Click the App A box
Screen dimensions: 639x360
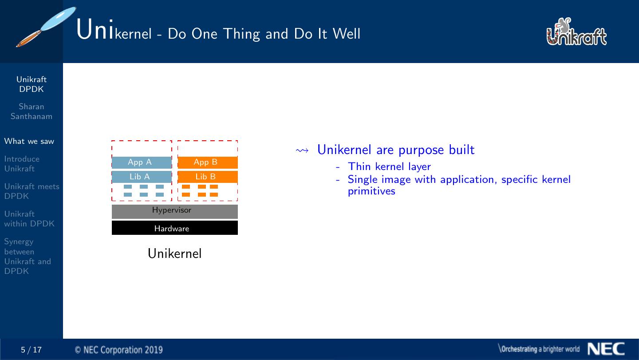142,162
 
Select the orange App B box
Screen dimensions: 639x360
208,162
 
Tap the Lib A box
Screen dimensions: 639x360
142,177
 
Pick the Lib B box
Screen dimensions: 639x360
208,177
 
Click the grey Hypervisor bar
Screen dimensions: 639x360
174,211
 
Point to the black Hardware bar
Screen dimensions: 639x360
174,228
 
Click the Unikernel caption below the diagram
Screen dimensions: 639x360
174,253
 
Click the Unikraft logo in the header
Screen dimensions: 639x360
576,32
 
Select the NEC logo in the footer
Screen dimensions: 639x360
606,349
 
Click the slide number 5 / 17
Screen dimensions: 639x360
31,350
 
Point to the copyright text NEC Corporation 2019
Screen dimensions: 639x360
118,350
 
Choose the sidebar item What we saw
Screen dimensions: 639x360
29,141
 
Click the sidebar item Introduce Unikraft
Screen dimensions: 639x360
22,164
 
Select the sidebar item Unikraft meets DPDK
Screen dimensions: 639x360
32,191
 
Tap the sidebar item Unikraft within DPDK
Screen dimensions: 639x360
29,219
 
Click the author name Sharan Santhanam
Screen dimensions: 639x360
32,111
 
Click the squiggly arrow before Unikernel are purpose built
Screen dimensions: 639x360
302,150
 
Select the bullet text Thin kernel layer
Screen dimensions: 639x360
389,166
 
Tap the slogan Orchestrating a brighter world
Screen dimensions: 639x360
539,349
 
